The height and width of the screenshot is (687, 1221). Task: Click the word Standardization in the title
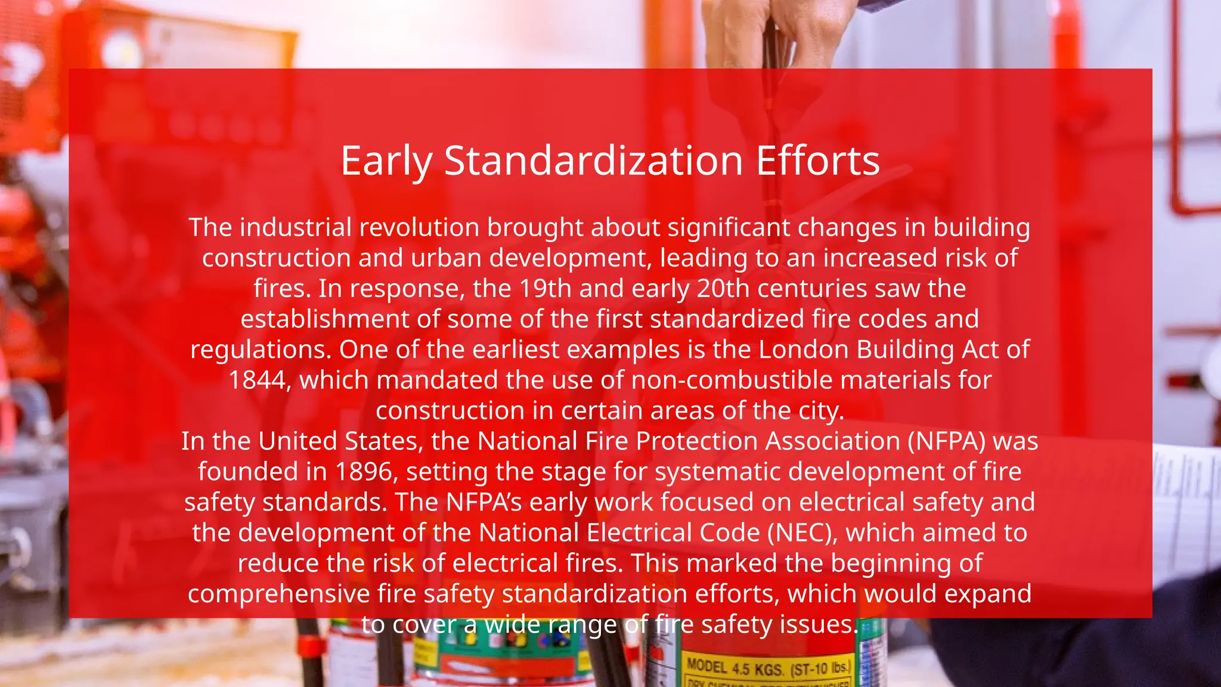coord(593,161)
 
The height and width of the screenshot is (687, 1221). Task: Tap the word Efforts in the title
coord(817,161)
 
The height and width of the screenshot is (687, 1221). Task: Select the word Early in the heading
coord(386,162)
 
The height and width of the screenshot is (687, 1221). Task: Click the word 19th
coord(546,289)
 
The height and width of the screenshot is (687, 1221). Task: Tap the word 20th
coord(723,289)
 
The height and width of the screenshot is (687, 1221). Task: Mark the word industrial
coord(296,228)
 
